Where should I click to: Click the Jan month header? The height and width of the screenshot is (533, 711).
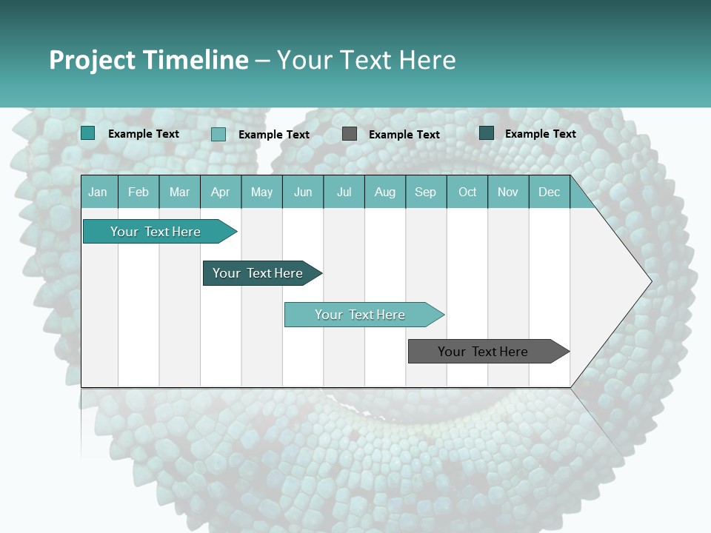(98, 192)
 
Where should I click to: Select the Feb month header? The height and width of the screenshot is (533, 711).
(138, 192)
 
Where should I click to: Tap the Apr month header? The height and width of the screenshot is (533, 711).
(221, 192)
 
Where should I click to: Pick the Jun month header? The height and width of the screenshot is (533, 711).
(303, 192)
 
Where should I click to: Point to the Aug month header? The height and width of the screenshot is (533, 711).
(385, 192)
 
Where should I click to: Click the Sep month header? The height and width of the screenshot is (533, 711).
(426, 192)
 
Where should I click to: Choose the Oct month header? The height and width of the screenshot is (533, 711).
(467, 192)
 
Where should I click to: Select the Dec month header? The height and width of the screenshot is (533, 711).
(550, 192)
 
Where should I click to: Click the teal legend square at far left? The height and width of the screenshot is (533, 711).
(88, 133)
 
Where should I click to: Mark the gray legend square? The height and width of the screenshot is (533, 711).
(350, 134)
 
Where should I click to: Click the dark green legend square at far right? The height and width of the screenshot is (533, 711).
(487, 133)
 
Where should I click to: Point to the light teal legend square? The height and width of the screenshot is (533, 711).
(218, 134)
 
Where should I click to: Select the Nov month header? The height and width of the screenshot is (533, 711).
(508, 192)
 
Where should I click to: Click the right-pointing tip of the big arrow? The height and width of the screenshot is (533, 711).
(649, 281)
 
